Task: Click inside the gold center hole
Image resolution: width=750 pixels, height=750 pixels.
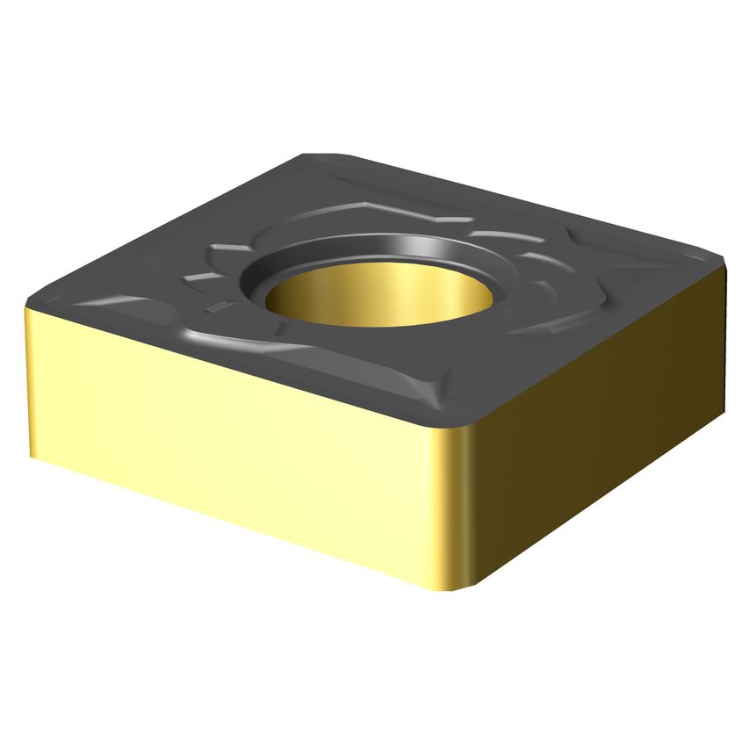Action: [379, 295]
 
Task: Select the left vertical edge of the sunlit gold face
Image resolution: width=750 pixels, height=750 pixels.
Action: [27, 378]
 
